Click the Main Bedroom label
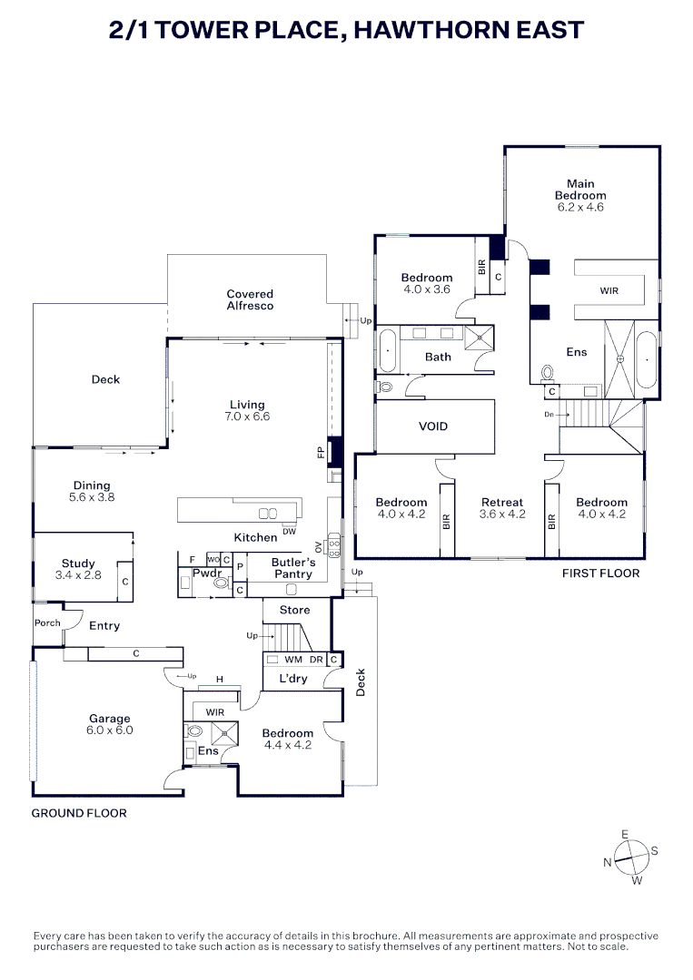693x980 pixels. (x=580, y=195)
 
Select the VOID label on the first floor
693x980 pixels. (x=432, y=426)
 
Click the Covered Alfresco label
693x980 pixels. (x=250, y=300)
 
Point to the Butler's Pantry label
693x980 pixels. (x=292, y=568)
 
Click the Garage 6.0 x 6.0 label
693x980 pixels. (x=109, y=724)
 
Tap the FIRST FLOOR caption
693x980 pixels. (x=600, y=573)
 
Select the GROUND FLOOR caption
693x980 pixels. (x=79, y=813)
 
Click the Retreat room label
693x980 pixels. (x=502, y=508)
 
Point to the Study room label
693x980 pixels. (x=78, y=569)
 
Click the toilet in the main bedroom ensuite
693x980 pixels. (x=547, y=372)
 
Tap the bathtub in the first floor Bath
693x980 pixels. (x=387, y=350)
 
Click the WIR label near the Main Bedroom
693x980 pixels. (x=609, y=291)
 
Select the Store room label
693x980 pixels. (x=294, y=610)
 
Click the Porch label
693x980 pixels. (x=47, y=622)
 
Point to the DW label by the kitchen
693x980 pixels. (x=289, y=532)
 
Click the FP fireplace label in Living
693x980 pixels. (x=320, y=451)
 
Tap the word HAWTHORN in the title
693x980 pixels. (x=425, y=30)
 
